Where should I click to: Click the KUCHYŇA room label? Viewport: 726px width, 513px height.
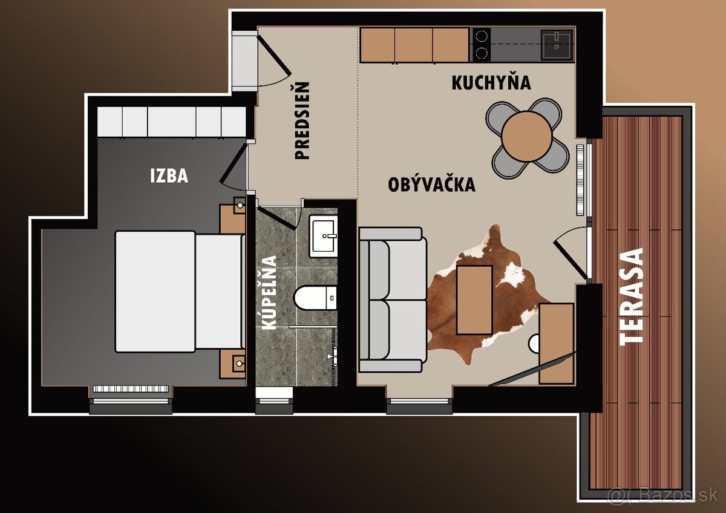point(491,82)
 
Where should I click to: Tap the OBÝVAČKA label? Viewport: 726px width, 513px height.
point(431,185)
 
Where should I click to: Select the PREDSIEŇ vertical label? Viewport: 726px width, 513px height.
point(302,121)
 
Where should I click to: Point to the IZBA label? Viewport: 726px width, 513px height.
point(169,176)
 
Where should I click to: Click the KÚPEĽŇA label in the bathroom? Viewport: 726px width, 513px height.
point(270,292)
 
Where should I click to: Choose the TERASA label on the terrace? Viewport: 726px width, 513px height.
point(633,296)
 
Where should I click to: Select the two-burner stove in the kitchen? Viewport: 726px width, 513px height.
point(481,44)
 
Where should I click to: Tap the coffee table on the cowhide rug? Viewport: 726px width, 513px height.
point(474,300)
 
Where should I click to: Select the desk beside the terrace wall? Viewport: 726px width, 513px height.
point(556,343)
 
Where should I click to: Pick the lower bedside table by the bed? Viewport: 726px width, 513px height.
point(233,364)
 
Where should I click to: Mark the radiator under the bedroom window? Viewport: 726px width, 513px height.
point(129,388)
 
